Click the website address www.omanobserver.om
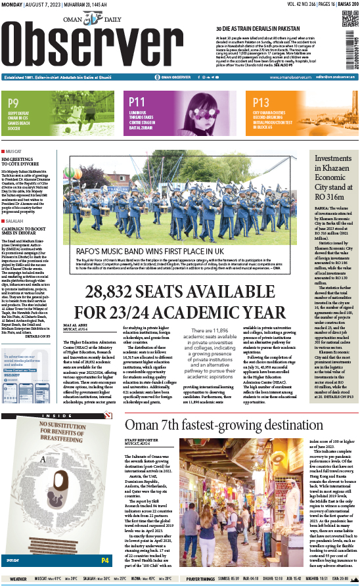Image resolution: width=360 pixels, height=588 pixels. coord(281,77)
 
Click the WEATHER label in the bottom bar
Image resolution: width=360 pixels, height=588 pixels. coord(18,579)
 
